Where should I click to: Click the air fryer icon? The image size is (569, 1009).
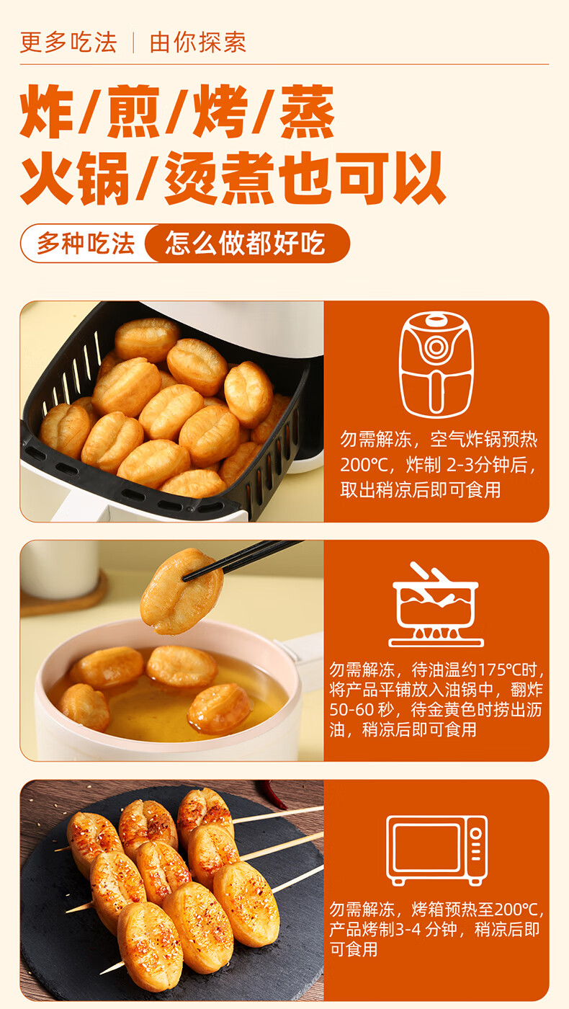pos(436,365)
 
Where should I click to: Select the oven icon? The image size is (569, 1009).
pos(436,850)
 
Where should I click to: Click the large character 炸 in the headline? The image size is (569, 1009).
pos(48,111)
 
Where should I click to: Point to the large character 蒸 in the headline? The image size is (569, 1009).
pos(307,111)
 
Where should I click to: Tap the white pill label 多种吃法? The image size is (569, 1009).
pos(86,244)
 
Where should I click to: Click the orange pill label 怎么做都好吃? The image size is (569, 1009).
pos(246,244)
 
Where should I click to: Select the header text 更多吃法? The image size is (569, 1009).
pos(68,43)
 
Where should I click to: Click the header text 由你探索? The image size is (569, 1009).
pos(197,43)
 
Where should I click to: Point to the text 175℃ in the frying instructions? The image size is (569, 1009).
pos(502,670)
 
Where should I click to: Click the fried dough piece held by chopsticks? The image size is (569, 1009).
pos(182,591)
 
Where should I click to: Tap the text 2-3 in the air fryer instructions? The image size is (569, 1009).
pos(458,465)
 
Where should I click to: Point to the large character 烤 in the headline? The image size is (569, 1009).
pos(220,111)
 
